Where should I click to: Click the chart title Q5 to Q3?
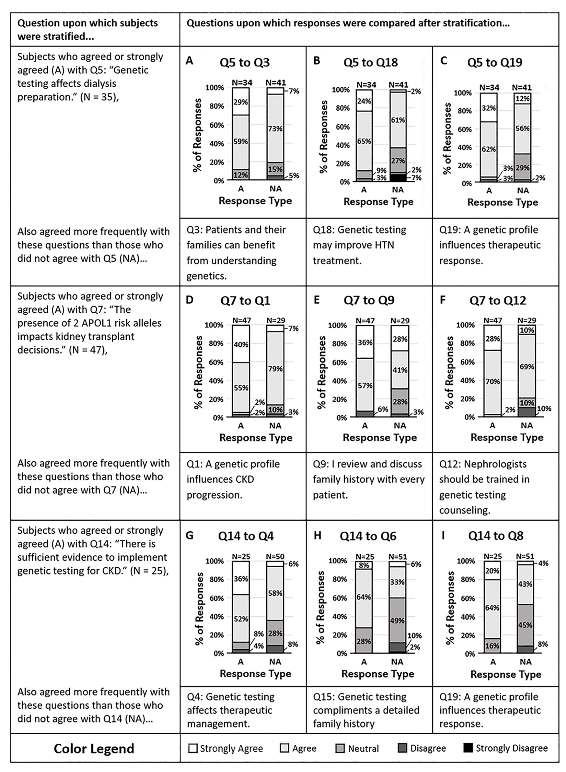pos(245,62)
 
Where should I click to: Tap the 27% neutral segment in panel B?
pos(398,160)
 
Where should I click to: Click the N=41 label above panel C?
pos(522,87)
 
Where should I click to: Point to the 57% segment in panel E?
pos(365,385)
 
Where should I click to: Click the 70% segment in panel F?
pos(492,381)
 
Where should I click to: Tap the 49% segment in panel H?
pos(397,620)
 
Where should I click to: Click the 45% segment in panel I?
pos(525,625)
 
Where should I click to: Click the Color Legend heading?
pos(94,748)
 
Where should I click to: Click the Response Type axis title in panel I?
pos(506,674)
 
